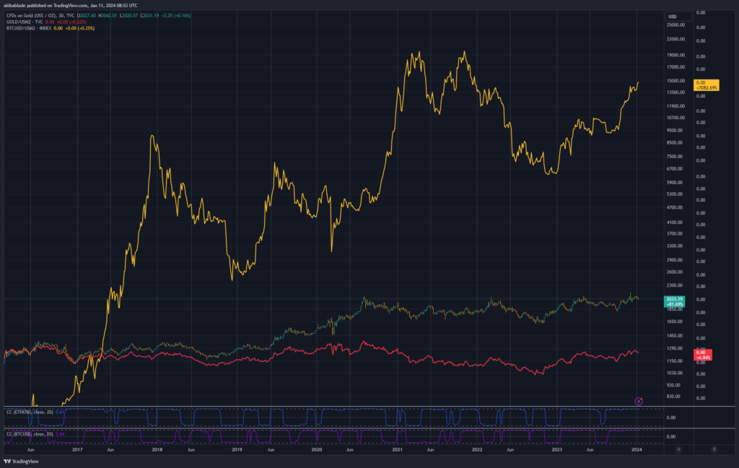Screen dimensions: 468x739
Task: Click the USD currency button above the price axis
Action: (672, 16)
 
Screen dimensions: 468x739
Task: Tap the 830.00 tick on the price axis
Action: (674, 396)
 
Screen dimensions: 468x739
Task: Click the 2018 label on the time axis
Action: (156, 448)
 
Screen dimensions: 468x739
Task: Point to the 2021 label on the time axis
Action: (396, 448)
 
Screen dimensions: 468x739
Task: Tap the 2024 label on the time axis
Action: (637, 448)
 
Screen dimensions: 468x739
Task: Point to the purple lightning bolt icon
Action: (639, 401)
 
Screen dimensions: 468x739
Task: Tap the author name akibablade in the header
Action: (18, 6)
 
